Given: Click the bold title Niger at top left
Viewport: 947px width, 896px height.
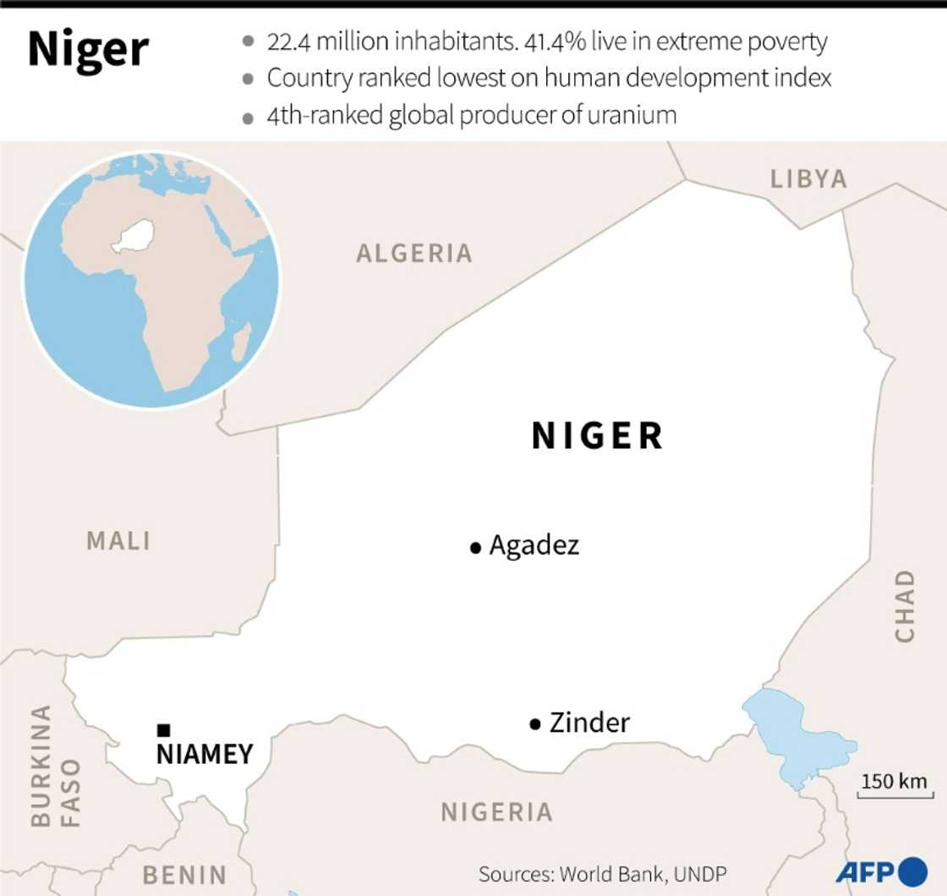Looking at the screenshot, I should tap(88, 50).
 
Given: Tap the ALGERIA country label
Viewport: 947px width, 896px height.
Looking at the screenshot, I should tap(413, 253).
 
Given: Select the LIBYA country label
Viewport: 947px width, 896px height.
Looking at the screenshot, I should tap(808, 179).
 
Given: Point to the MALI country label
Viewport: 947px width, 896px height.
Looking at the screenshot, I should tap(118, 541).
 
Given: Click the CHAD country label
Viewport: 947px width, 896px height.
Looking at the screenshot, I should tap(905, 606).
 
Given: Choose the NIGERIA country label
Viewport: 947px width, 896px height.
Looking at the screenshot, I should tap(496, 812).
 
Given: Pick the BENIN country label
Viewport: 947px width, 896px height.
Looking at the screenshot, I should tap(184, 874).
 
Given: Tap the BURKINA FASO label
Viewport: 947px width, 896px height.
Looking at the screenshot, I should tap(55, 766).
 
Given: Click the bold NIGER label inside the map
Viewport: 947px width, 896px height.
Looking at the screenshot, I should tap(597, 436).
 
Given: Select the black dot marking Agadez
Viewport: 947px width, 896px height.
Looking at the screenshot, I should tap(475, 548).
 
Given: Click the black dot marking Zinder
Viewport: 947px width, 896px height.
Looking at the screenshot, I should tap(534, 724).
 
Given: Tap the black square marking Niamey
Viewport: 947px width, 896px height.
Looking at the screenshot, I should tap(164, 729).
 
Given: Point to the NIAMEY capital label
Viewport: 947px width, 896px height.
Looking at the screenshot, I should tap(205, 753).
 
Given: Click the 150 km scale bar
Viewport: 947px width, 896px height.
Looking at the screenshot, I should tap(895, 787).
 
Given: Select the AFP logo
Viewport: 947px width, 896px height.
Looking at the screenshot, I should tap(882, 871).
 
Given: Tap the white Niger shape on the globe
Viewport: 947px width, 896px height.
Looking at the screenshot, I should tap(134, 236).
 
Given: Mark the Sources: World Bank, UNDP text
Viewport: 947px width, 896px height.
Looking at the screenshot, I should tap(602, 873).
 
